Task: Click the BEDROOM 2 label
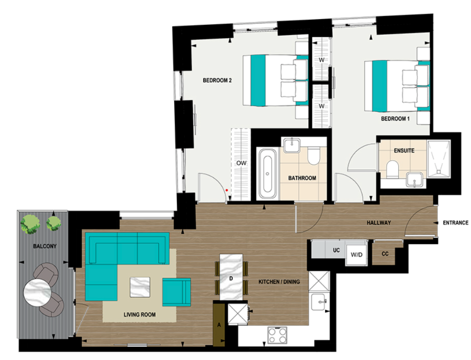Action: coord(217,81)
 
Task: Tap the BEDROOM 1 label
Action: coord(394,119)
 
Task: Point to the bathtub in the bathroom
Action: coord(267,174)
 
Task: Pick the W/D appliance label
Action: coord(356,255)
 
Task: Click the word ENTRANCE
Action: coord(456,223)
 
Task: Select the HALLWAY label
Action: coord(379,223)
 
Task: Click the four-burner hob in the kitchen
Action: coord(278,335)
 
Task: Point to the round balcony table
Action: coord(37,292)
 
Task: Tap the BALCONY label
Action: coord(42,246)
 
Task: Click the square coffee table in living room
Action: coord(140,287)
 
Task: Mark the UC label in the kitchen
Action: coord(336,250)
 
